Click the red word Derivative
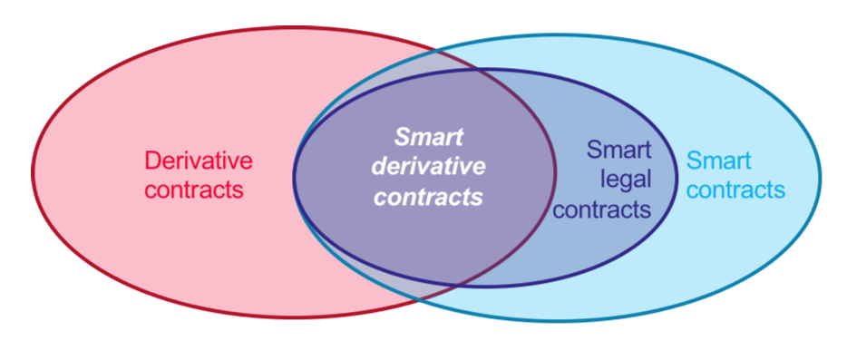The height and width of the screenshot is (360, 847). click(199, 161)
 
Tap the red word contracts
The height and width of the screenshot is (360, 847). click(194, 190)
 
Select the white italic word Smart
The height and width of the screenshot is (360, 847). click(428, 138)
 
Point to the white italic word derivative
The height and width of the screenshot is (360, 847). click(429, 167)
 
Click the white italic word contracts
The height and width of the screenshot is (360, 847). click(428, 196)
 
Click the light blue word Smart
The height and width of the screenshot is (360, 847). click(719, 161)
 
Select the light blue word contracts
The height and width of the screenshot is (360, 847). click(735, 190)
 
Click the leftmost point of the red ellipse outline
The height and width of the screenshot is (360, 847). click(33, 172)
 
